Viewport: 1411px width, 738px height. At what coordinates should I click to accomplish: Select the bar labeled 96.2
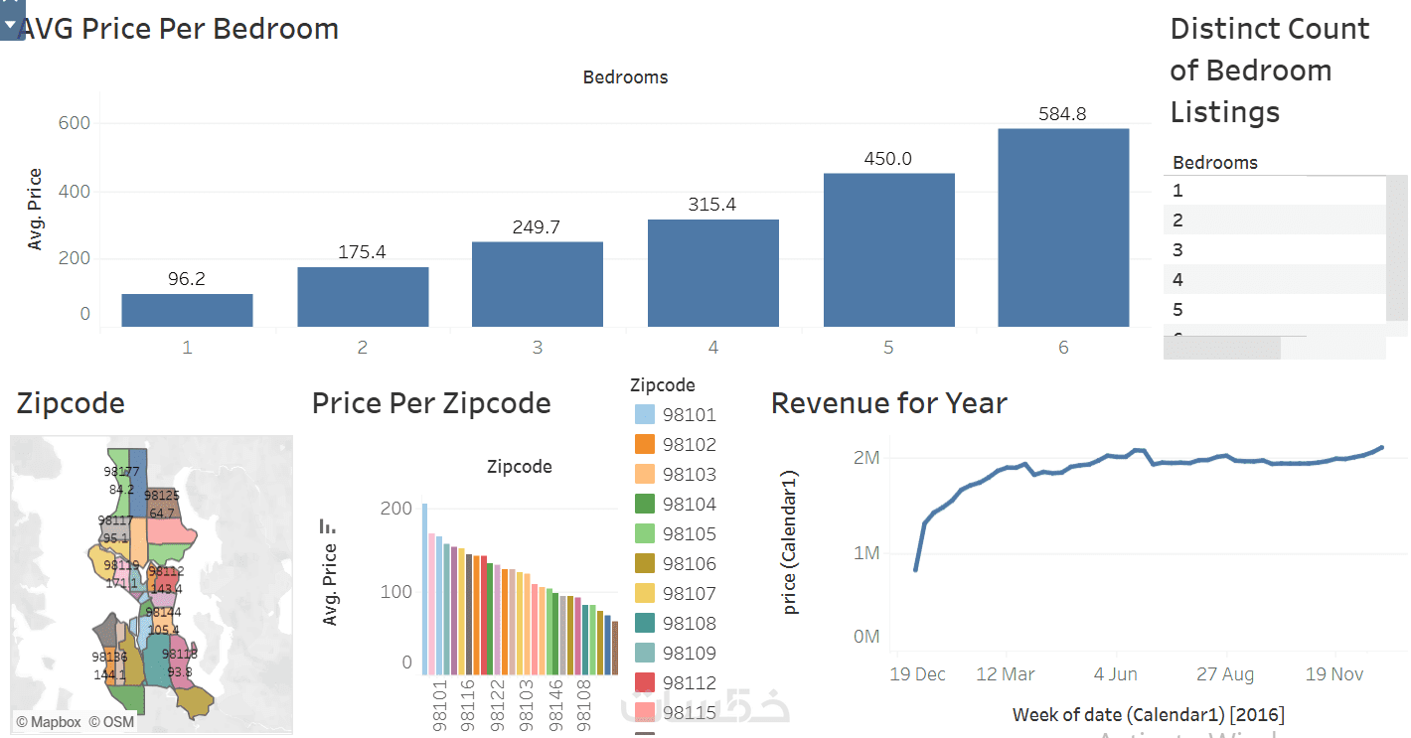tap(187, 310)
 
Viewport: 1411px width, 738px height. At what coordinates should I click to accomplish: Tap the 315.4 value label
tap(712, 205)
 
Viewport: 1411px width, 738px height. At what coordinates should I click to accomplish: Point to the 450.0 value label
tap(888, 159)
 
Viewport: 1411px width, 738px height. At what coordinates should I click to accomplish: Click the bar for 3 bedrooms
tap(538, 284)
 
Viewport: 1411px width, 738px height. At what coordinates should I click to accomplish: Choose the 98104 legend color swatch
tap(644, 505)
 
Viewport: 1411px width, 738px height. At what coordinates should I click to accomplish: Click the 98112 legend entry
tap(689, 683)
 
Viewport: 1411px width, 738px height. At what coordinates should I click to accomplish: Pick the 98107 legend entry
tap(689, 594)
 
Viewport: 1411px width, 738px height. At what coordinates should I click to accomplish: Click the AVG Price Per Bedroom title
tap(179, 29)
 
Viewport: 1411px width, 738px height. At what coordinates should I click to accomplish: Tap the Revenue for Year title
tap(889, 403)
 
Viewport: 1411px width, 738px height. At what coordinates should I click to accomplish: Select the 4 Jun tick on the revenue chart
tap(1115, 674)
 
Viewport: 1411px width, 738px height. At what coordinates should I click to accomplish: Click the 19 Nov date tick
tap(1333, 674)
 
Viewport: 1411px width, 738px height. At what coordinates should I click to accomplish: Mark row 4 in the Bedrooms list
tap(1178, 280)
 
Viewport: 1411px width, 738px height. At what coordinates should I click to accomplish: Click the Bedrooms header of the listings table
tap(1215, 163)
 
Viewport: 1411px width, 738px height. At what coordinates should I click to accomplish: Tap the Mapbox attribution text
tap(49, 722)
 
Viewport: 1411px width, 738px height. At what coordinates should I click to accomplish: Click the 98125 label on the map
tap(161, 495)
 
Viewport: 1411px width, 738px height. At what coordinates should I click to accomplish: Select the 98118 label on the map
tap(180, 655)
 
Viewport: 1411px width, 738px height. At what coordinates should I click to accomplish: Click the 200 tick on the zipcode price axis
tap(396, 509)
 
